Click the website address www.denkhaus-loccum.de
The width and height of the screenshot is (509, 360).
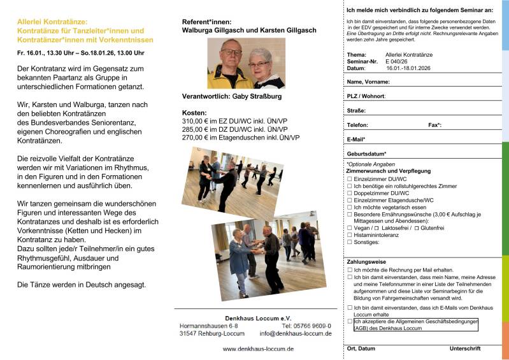257,349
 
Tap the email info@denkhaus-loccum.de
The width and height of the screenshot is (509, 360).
296,333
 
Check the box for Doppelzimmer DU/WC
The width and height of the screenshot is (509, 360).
349,192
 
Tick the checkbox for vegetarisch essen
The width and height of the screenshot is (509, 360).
349,207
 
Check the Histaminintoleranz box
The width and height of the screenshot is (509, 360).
349,234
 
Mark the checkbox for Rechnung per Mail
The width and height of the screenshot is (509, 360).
349,270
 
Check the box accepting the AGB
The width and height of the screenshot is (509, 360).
349,322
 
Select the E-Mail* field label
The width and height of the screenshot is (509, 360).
356,139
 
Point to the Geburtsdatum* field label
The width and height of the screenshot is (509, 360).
366,154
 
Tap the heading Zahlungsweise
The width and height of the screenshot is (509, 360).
366,261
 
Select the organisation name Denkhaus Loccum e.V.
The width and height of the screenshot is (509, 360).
258,317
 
